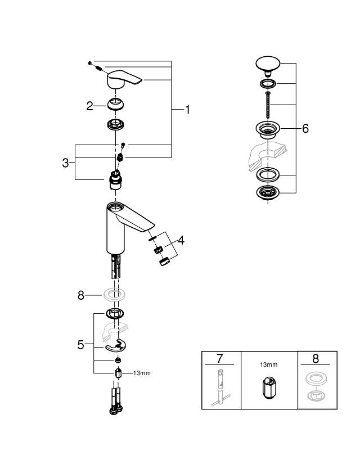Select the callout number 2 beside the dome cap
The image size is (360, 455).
(x=89, y=106)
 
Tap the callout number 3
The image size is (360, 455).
(x=66, y=163)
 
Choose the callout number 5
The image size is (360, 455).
(x=80, y=344)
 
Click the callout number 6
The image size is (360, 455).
(x=305, y=129)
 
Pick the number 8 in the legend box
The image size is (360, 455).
(x=317, y=358)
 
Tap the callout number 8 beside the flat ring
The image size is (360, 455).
(x=81, y=294)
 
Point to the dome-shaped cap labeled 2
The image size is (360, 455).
(x=116, y=105)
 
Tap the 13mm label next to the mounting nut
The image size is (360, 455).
(x=142, y=373)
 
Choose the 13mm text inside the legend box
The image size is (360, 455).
(x=268, y=365)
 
